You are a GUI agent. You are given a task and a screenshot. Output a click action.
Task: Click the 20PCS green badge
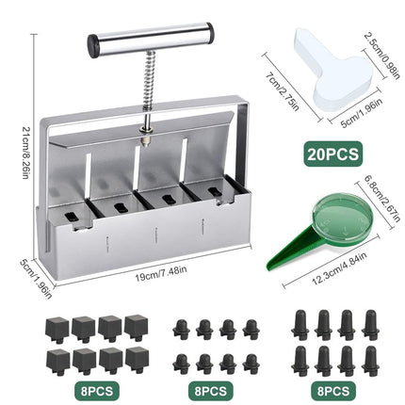(333, 154)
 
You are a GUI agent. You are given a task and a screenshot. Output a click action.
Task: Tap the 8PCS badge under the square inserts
(97, 391)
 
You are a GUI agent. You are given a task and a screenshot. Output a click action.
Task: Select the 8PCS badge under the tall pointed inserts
(333, 391)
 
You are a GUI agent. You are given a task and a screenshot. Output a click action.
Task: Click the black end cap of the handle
(93, 46)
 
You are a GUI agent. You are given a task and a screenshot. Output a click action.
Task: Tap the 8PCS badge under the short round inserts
(211, 391)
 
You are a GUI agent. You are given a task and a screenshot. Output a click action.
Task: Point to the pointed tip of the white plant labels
(299, 32)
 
